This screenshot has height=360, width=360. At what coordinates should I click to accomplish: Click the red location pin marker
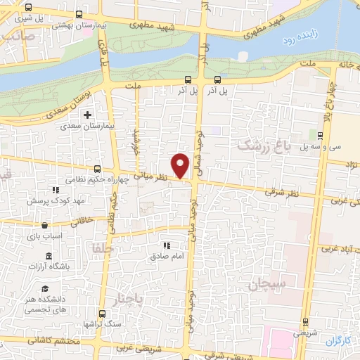[181, 165]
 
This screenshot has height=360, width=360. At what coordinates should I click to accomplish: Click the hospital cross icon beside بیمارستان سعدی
[87, 115]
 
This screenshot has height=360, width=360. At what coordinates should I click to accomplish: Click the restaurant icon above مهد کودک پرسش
[55, 190]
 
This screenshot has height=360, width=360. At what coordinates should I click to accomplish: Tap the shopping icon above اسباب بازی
[46, 226]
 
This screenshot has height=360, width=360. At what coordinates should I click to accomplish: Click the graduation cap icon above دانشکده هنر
[46, 290]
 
